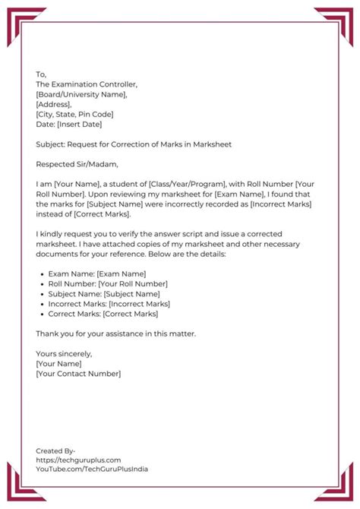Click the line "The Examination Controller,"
coord(87,84)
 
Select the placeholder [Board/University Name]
coord(81,94)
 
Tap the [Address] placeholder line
coord(54,104)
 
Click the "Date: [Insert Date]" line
coord(68,124)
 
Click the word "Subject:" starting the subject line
coord(51,144)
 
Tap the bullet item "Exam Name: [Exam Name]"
coord(96,273)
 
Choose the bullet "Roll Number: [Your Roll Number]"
coord(108,283)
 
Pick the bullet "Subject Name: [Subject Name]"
coord(104,293)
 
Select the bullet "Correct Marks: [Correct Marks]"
coord(103,313)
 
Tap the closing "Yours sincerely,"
coord(64,353)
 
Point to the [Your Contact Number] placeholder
coord(78,373)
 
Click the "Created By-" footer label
coord(55,451)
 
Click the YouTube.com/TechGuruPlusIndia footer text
coord(92,469)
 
